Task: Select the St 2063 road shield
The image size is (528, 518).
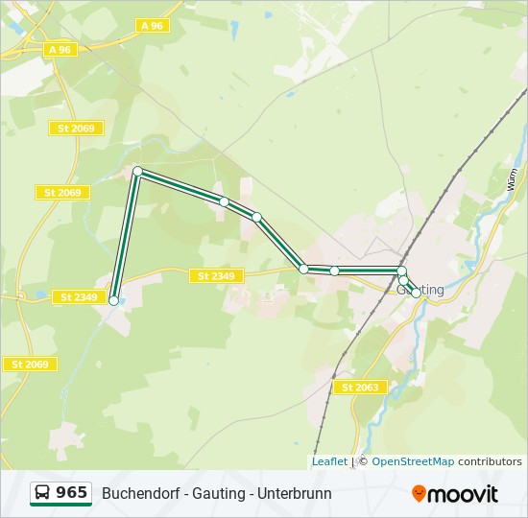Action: (x=361, y=388)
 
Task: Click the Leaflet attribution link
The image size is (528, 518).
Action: (x=329, y=461)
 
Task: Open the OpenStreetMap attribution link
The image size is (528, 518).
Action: (x=413, y=461)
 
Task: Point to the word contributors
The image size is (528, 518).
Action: (x=490, y=461)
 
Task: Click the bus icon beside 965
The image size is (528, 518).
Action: (x=42, y=493)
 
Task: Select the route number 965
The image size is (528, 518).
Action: (x=72, y=493)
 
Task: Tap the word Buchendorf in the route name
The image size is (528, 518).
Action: (x=140, y=494)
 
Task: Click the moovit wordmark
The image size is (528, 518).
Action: (x=463, y=494)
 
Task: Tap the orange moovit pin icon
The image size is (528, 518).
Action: (x=419, y=494)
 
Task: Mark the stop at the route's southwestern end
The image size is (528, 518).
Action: (x=114, y=301)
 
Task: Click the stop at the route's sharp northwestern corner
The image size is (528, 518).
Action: (x=137, y=171)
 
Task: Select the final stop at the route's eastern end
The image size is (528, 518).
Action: (x=416, y=294)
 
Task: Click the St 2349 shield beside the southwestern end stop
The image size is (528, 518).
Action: (x=78, y=297)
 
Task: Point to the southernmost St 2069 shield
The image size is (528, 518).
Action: (x=30, y=365)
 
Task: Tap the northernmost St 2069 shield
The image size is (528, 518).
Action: (x=76, y=129)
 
